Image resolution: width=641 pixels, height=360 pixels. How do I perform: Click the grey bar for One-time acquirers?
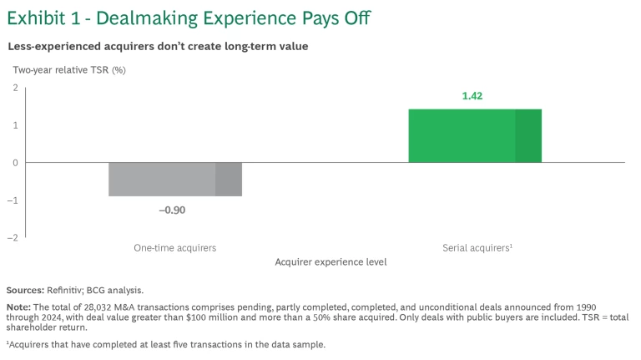coord(175,179)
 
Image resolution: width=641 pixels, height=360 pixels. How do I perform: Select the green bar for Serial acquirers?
coord(475,135)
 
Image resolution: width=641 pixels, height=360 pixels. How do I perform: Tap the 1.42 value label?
coord(472,96)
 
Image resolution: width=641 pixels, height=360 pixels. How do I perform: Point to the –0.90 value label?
coord(172,210)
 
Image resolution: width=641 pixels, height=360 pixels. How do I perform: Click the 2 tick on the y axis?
coord(15,88)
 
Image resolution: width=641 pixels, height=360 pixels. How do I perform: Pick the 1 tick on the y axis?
coord(15,125)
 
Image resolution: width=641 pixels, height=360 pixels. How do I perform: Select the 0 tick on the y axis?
coord(15,163)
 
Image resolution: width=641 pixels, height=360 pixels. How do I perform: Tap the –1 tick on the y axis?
coord(13,200)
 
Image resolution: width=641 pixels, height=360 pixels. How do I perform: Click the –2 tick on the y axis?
coord(13,238)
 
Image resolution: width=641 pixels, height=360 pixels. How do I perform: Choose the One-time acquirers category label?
coord(175,248)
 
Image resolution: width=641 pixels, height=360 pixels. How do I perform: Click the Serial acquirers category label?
coord(475,248)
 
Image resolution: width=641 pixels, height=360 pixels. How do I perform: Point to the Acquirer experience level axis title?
coord(331,262)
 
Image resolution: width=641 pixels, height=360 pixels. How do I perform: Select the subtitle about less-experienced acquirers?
coord(158,46)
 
